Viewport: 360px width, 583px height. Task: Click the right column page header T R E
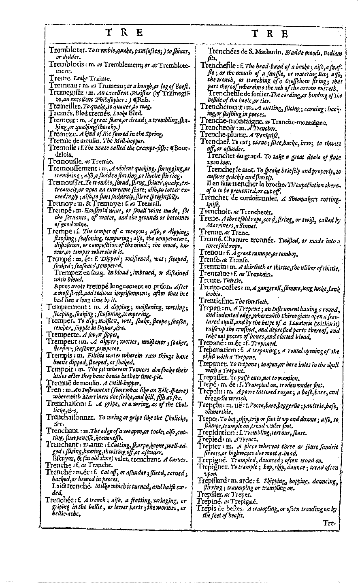point(271,34)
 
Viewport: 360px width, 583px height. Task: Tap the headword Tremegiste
point(66,92)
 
